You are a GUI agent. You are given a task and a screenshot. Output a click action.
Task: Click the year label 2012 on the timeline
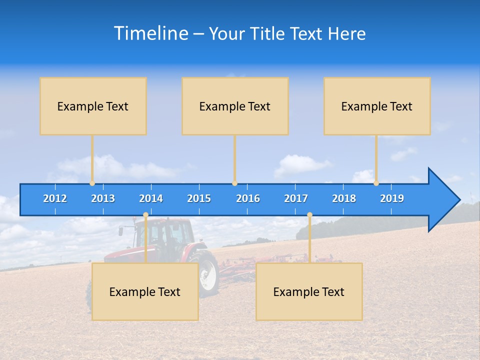(x=55, y=198)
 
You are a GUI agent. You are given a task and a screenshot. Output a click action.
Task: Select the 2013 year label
(x=103, y=198)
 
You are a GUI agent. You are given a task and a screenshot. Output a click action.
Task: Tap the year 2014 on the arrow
(x=151, y=198)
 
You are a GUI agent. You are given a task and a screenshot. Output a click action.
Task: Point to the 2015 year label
(x=199, y=198)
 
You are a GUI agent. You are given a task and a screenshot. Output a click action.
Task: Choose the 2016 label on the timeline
(x=248, y=198)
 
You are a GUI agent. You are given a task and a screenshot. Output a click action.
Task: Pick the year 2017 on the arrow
(x=296, y=198)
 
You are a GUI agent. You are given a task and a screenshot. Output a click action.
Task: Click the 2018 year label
(x=344, y=198)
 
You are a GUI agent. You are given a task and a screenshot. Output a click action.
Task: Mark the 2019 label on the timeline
(x=392, y=198)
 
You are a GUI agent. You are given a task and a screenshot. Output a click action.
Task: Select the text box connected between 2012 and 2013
(x=93, y=106)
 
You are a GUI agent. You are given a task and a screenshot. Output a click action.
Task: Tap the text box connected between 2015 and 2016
(x=235, y=106)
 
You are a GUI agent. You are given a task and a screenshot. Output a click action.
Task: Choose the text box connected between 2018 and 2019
(x=377, y=106)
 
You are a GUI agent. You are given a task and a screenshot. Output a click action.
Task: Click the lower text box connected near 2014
(x=145, y=291)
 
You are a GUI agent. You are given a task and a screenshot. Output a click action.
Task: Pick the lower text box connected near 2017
(x=309, y=291)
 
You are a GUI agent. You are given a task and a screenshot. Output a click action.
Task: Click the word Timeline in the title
(x=150, y=33)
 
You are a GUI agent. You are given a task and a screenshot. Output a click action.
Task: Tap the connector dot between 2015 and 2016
(x=234, y=183)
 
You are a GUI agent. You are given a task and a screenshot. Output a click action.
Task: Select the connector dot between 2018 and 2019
(x=376, y=183)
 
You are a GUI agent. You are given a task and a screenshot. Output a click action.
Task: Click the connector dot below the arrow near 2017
(x=309, y=215)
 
